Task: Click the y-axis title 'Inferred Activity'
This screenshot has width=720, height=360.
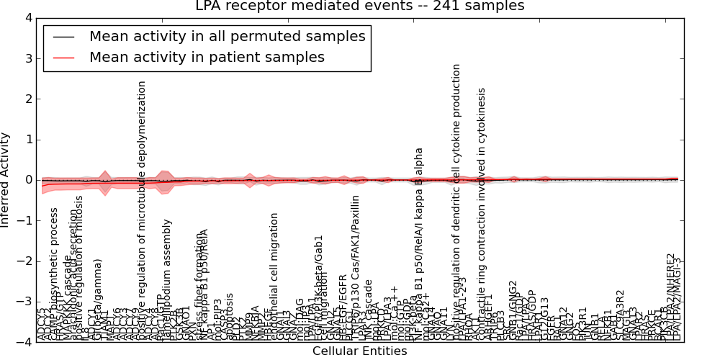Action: pyautogui.click(x=6, y=179)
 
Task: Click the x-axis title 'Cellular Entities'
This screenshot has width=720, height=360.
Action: pyautogui.click(x=359, y=351)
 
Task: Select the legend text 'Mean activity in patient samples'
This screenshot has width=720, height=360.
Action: pyautogui.click(x=207, y=58)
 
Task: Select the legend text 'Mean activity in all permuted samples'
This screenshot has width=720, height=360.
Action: pyautogui.click(x=227, y=36)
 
